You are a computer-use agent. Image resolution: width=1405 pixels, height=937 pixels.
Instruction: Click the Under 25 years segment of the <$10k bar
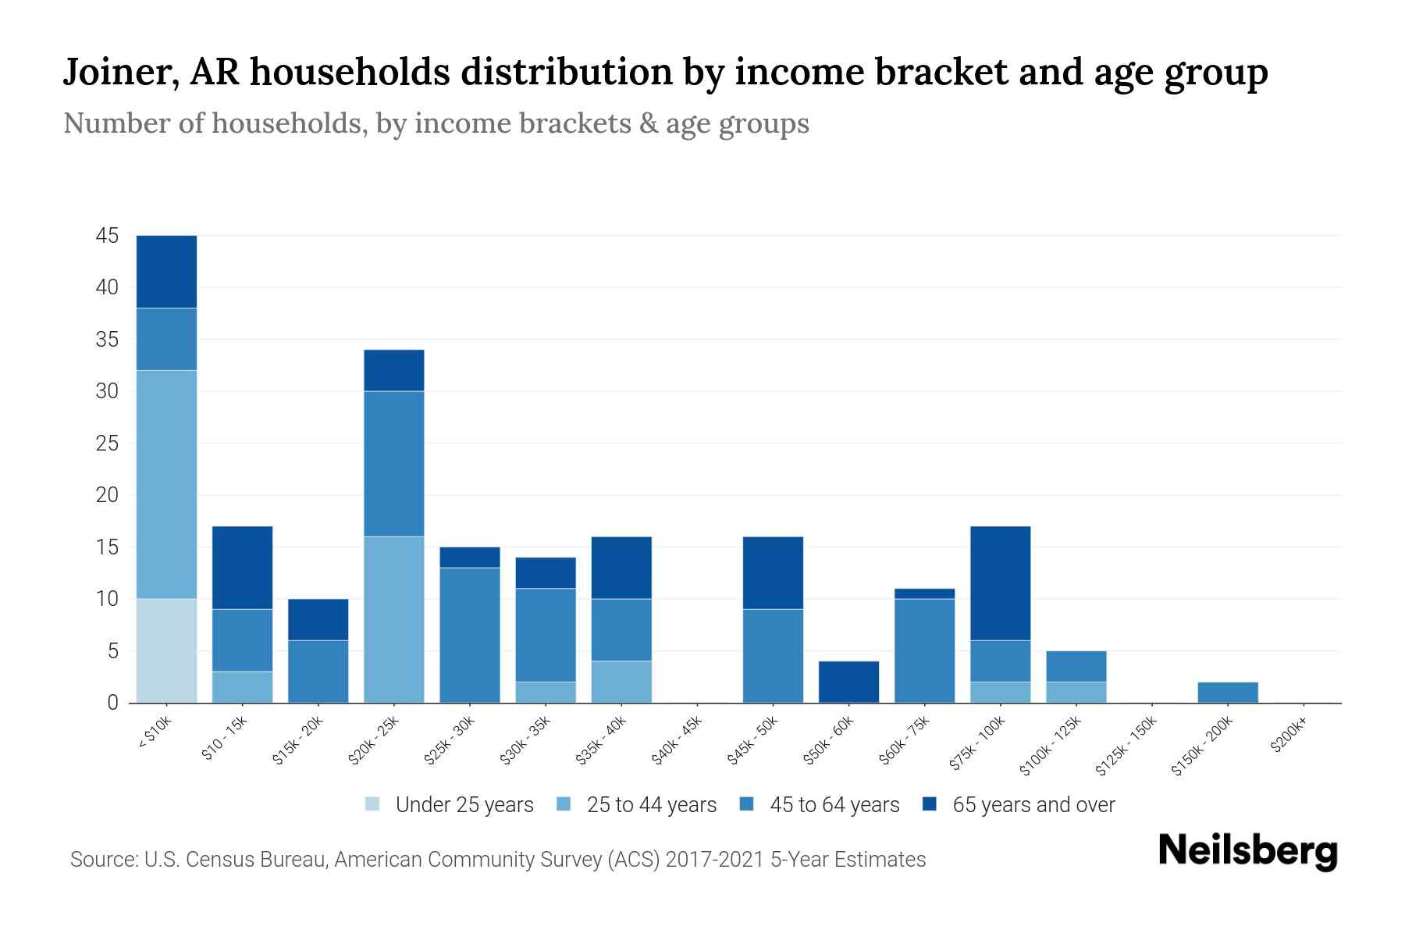166,650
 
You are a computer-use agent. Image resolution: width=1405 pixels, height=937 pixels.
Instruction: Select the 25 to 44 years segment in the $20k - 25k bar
394,619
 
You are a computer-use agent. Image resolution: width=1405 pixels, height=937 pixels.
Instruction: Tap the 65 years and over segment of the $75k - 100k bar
1001,583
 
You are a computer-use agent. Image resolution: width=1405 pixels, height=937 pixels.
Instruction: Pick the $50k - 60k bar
848,682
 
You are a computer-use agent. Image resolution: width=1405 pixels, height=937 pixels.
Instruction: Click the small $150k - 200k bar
1228,693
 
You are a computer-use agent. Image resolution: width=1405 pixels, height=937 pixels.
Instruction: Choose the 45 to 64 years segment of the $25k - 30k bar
470,635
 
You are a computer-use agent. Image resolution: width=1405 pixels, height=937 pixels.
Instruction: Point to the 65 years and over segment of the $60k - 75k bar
924,593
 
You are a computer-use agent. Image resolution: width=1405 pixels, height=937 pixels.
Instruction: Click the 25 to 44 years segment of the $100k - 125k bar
1076,693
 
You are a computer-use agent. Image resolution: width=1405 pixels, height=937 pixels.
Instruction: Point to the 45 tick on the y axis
107,236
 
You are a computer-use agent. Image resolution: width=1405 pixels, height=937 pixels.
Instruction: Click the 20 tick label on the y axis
107,495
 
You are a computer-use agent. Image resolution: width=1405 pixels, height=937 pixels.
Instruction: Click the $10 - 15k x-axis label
224,738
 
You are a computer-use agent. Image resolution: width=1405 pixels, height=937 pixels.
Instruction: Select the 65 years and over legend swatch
930,804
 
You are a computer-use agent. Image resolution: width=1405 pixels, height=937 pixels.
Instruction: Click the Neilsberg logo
1248,852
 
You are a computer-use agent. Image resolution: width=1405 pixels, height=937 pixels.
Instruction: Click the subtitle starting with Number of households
436,123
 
